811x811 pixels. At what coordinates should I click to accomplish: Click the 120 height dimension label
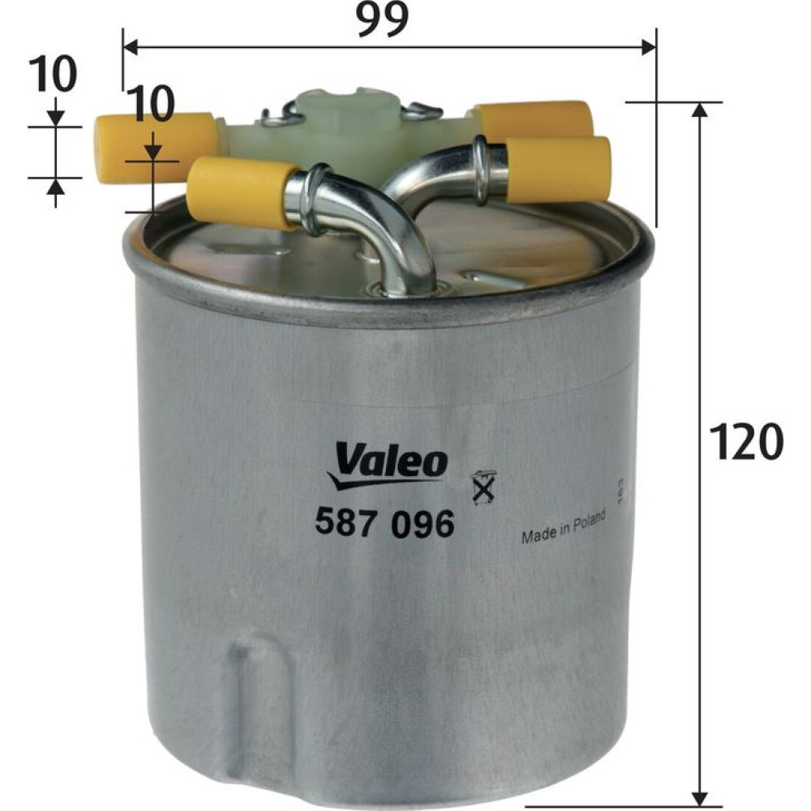pyautogui.click(x=746, y=441)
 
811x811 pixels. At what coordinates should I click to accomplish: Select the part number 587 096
pyautogui.click(x=384, y=523)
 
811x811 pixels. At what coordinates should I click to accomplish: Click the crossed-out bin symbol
pyautogui.click(x=483, y=486)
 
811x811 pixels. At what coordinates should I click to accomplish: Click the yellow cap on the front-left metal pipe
pyautogui.click(x=241, y=191)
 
